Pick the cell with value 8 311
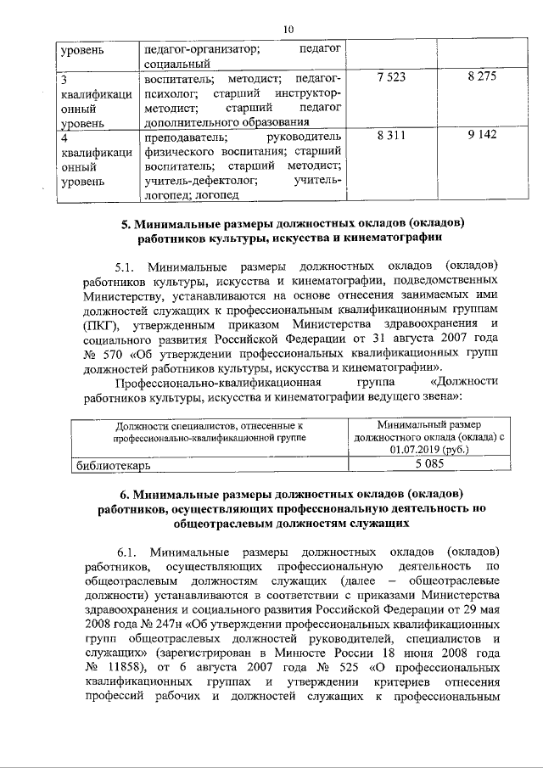pyautogui.click(x=386, y=136)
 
